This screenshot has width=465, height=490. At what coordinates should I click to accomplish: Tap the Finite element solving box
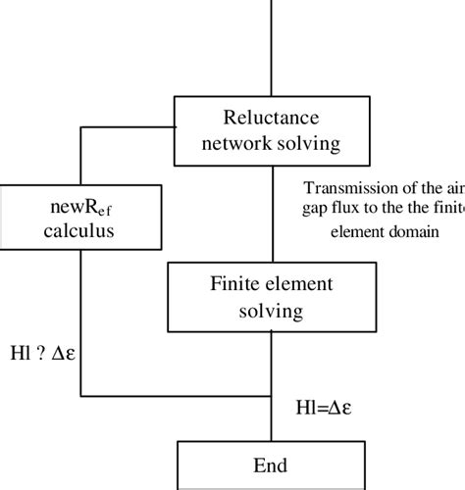coord(270,298)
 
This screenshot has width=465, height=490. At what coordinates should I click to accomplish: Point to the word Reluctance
coord(270,117)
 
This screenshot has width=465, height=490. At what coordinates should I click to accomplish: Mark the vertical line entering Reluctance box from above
coord(270,49)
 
